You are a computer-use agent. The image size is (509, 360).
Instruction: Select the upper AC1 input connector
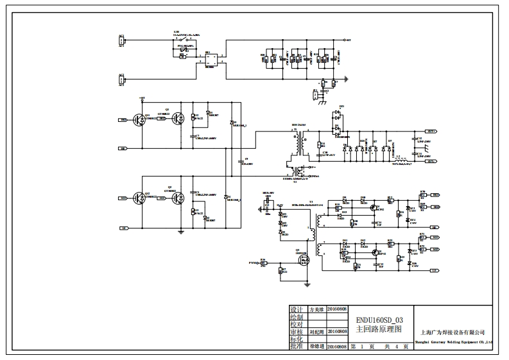[x=121, y=41]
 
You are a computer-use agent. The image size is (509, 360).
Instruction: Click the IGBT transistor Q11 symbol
[x=139, y=119]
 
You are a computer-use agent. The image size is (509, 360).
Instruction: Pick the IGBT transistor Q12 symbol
[x=139, y=198]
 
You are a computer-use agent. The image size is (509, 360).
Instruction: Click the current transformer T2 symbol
[x=297, y=173]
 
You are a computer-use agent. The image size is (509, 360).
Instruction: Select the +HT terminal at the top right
[x=347, y=40]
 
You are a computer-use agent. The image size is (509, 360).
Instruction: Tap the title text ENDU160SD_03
[x=380, y=319]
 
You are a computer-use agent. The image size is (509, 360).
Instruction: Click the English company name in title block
[x=454, y=343]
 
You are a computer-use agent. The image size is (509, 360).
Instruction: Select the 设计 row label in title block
[x=295, y=309]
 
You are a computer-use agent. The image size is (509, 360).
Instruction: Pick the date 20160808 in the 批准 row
[x=337, y=347]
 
